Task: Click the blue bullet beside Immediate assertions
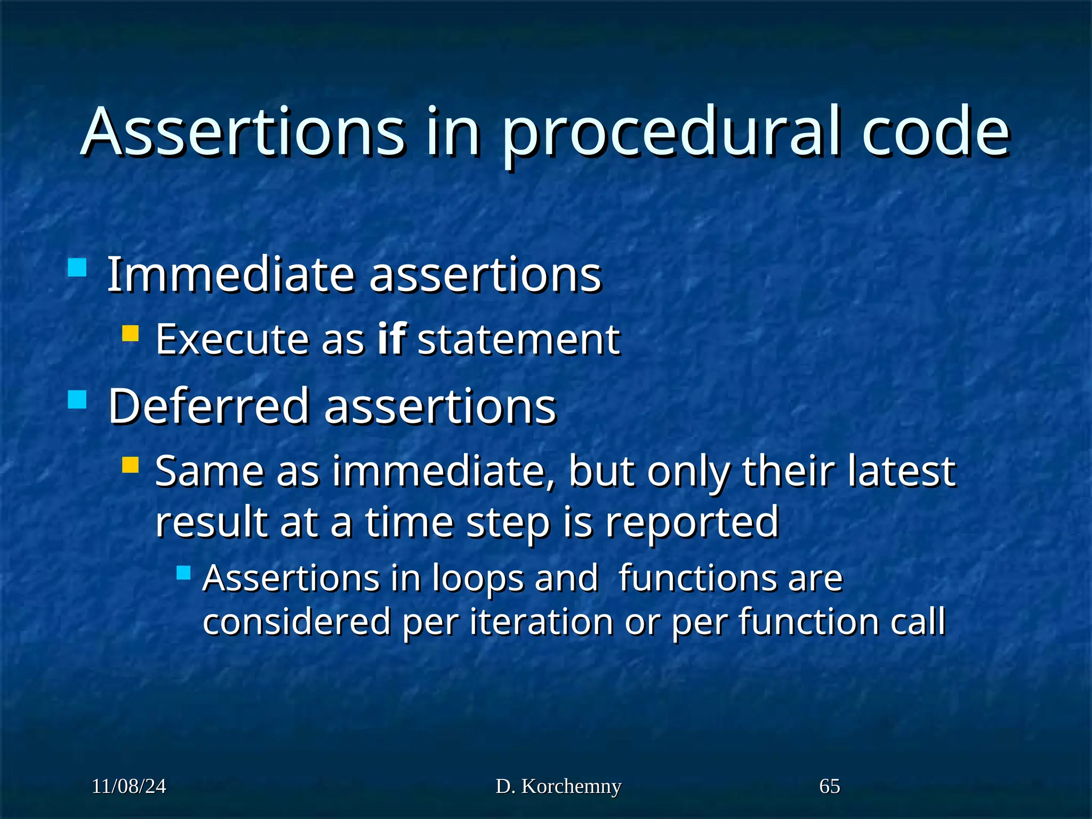77,267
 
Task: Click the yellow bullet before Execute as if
130,334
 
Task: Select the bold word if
391,339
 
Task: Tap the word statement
518,340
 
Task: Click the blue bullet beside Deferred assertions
77,399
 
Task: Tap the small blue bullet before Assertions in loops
183,573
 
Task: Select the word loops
477,579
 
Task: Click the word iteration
541,622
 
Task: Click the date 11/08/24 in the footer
129,786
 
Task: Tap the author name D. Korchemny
558,786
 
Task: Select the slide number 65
829,786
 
